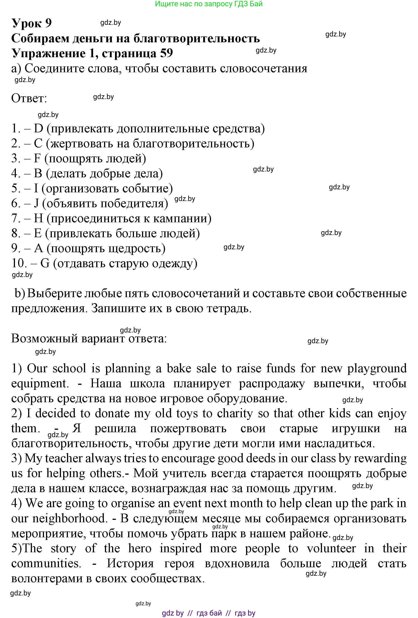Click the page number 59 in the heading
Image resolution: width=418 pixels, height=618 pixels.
tap(166, 53)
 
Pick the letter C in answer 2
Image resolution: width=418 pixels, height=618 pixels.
tap(38, 144)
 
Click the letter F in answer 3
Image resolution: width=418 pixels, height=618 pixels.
tap(37, 159)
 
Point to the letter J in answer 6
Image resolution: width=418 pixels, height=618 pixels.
tap(36, 203)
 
